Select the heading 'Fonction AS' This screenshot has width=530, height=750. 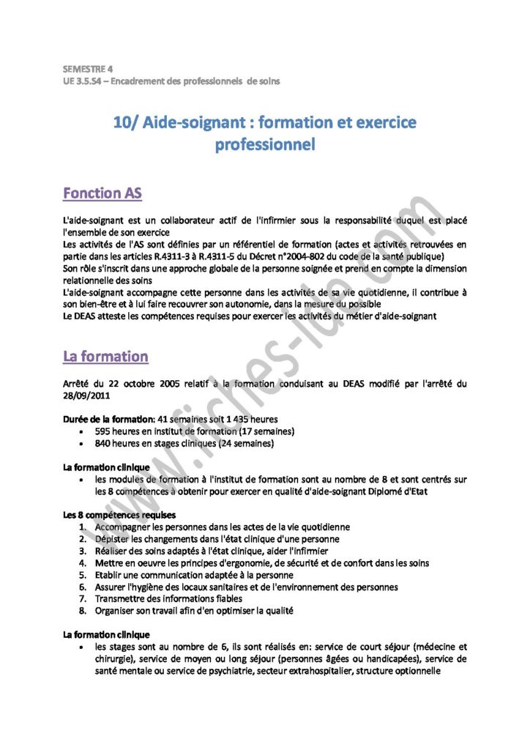pyautogui.click(x=102, y=193)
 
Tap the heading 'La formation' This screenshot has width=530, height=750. pyautogui.click(x=105, y=356)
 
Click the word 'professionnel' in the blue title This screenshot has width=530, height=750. pyautogui.click(x=264, y=145)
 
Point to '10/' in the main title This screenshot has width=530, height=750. pyautogui.click(x=125, y=122)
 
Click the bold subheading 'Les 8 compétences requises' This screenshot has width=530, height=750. pyautogui.click(x=119, y=515)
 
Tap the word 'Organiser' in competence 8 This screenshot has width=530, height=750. pyautogui.click(x=117, y=611)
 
